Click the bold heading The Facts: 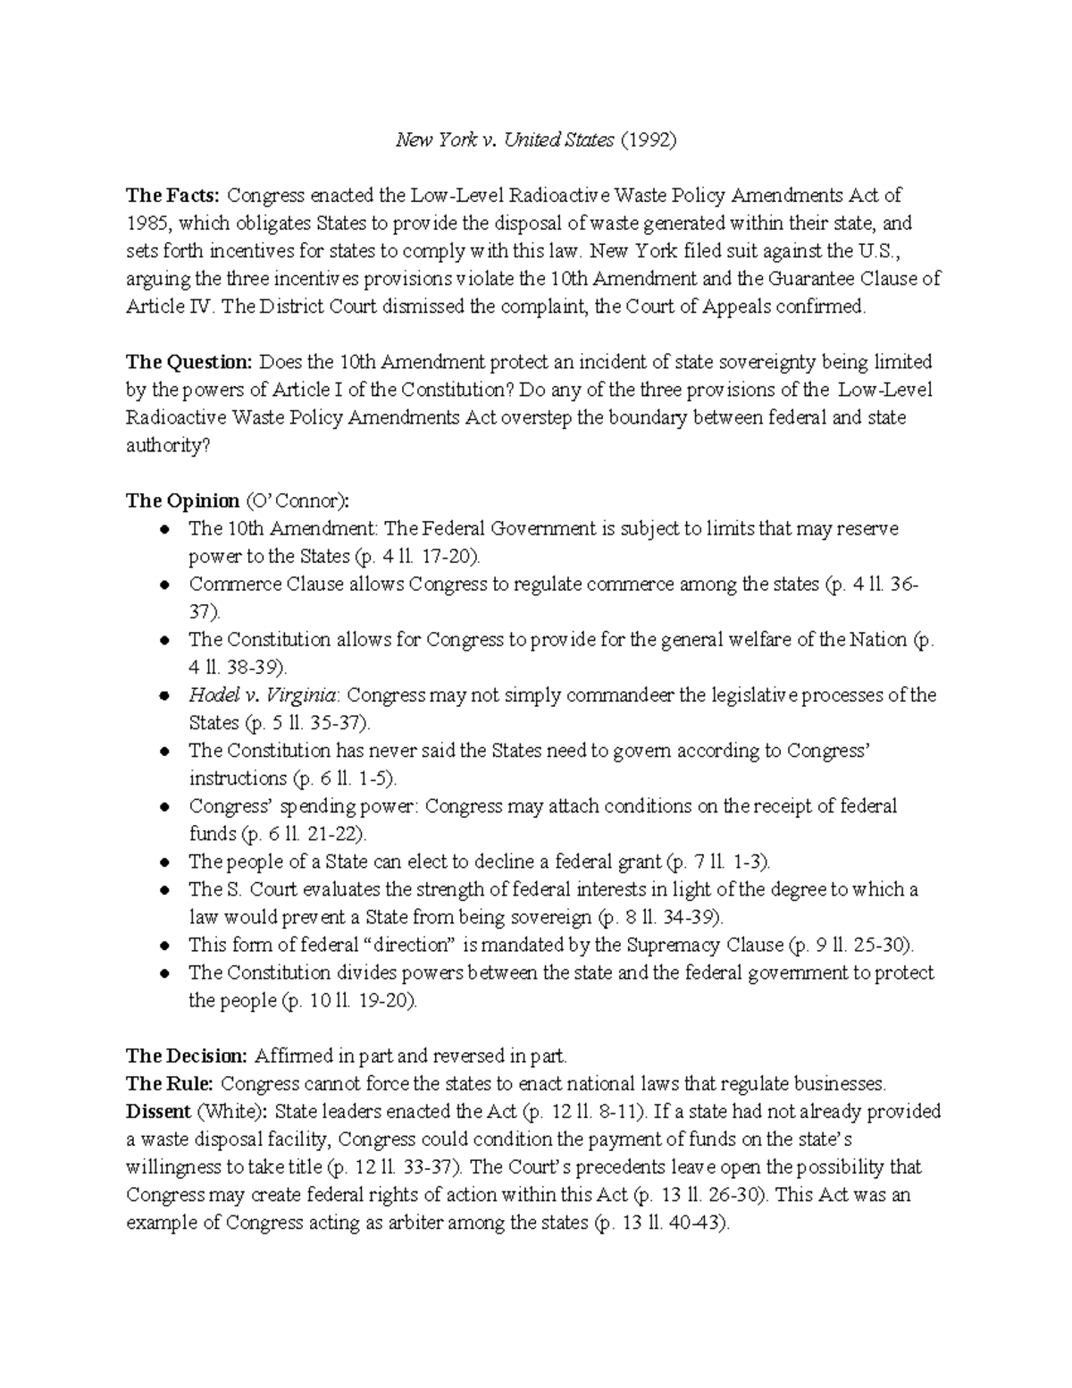(x=172, y=195)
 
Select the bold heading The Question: (x=189, y=362)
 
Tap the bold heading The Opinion (x=182, y=501)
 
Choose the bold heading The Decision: (x=186, y=1056)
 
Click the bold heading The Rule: (x=170, y=1084)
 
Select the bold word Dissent (x=158, y=1112)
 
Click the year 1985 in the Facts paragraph (x=145, y=223)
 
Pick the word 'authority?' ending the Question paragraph (x=168, y=445)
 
